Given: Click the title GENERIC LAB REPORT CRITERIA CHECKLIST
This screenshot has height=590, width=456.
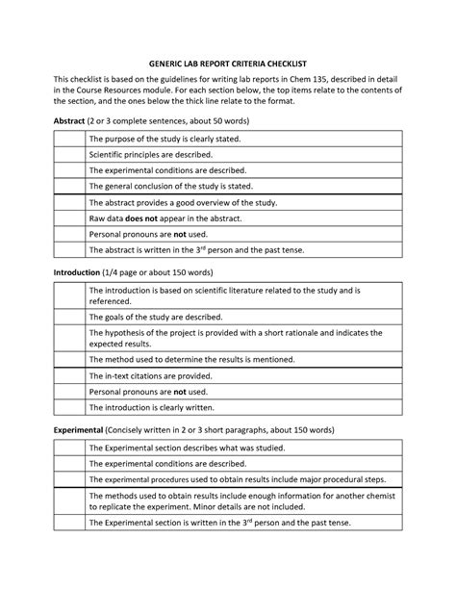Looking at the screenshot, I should (x=228, y=56).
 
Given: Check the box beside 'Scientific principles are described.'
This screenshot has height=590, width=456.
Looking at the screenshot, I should (x=68, y=155).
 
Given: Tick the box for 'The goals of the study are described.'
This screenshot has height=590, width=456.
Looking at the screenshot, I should (x=68, y=317).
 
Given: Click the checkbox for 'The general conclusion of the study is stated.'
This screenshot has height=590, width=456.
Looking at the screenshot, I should (x=68, y=186).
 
